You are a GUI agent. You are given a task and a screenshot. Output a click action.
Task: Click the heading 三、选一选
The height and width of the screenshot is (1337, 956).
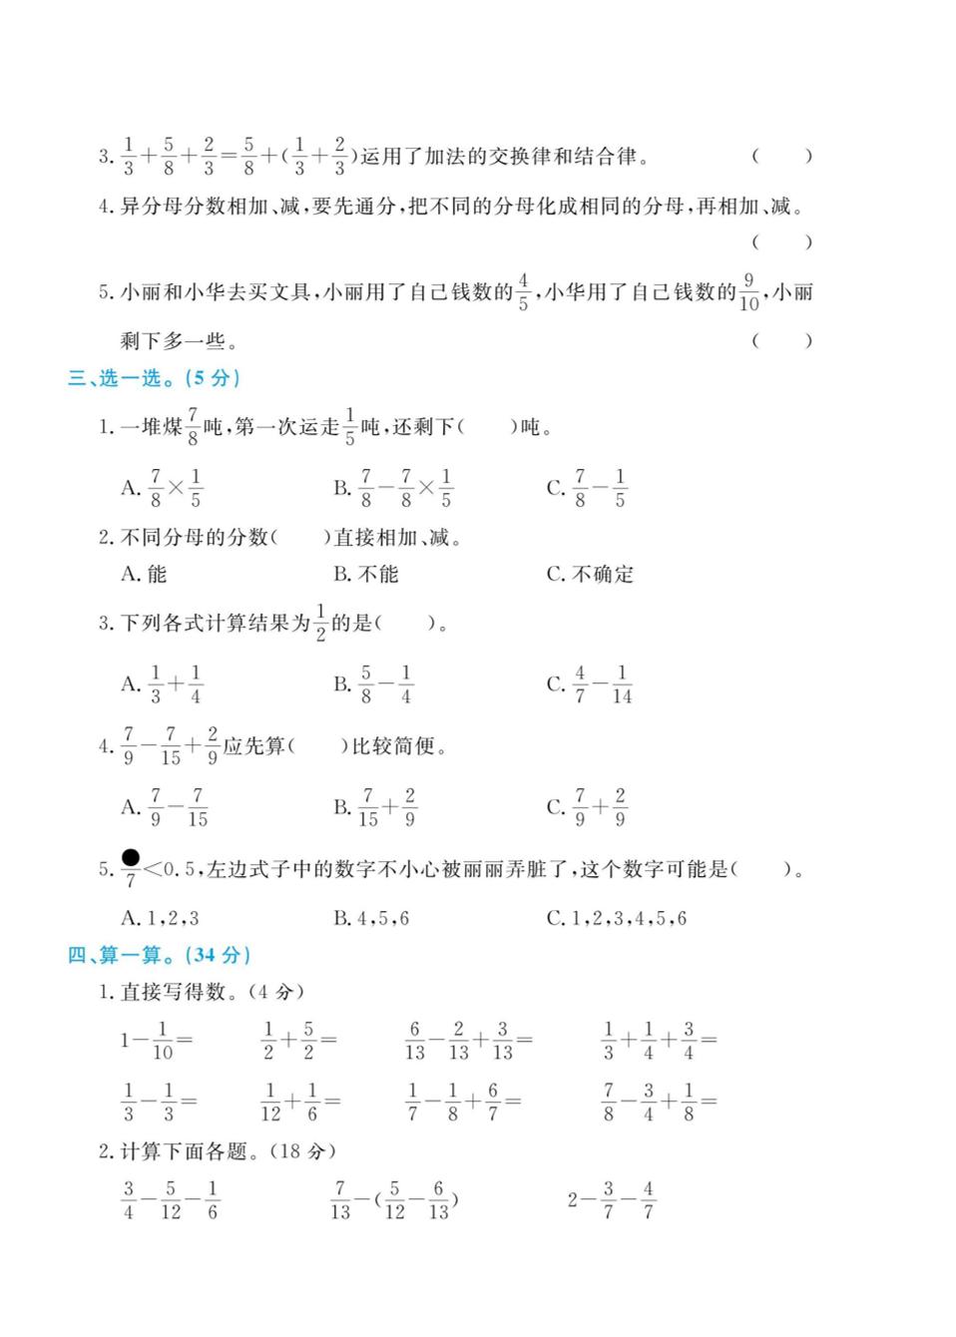point(155,378)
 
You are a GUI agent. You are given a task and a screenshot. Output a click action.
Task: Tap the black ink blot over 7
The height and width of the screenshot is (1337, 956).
point(130,857)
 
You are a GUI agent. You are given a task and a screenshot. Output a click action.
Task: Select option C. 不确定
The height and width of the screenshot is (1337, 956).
point(590,575)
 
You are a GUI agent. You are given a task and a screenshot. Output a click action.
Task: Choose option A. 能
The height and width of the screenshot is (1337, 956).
point(144,575)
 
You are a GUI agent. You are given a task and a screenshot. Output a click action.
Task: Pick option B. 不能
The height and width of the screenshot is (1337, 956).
point(365,575)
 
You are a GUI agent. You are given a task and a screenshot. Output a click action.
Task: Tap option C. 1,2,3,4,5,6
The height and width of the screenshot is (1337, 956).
point(616,918)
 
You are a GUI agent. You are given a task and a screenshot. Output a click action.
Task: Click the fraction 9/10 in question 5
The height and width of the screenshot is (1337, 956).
point(748,292)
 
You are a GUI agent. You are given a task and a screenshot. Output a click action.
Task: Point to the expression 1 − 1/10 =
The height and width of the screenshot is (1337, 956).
point(157,1041)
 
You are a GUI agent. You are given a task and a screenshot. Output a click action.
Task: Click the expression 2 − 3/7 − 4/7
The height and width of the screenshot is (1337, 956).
point(612,1200)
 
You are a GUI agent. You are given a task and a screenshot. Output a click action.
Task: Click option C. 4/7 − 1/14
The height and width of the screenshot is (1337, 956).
point(589,684)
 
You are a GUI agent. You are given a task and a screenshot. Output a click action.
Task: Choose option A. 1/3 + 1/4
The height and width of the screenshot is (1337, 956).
point(162,684)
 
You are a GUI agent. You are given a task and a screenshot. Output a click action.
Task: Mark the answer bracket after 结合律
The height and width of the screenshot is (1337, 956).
point(782,156)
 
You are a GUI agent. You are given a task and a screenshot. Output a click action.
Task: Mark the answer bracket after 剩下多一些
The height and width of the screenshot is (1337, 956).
point(782,341)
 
